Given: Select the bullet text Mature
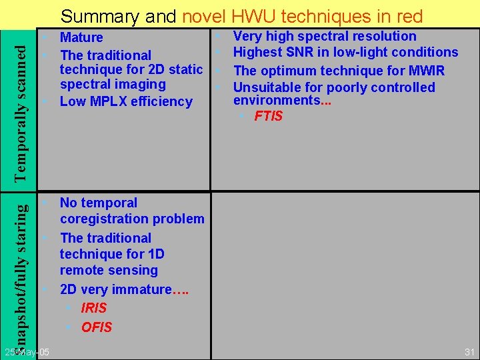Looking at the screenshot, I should pyautogui.click(x=81, y=37).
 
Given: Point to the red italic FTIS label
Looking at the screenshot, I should pyautogui.click(x=269, y=116).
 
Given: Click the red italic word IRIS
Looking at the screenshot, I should pyautogui.click(x=93, y=308).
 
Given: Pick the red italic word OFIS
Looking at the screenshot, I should pyautogui.click(x=97, y=327).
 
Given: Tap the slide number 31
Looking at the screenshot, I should pyautogui.click(x=469, y=351).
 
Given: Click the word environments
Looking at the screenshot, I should pyautogui.click(x=276, y=101).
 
